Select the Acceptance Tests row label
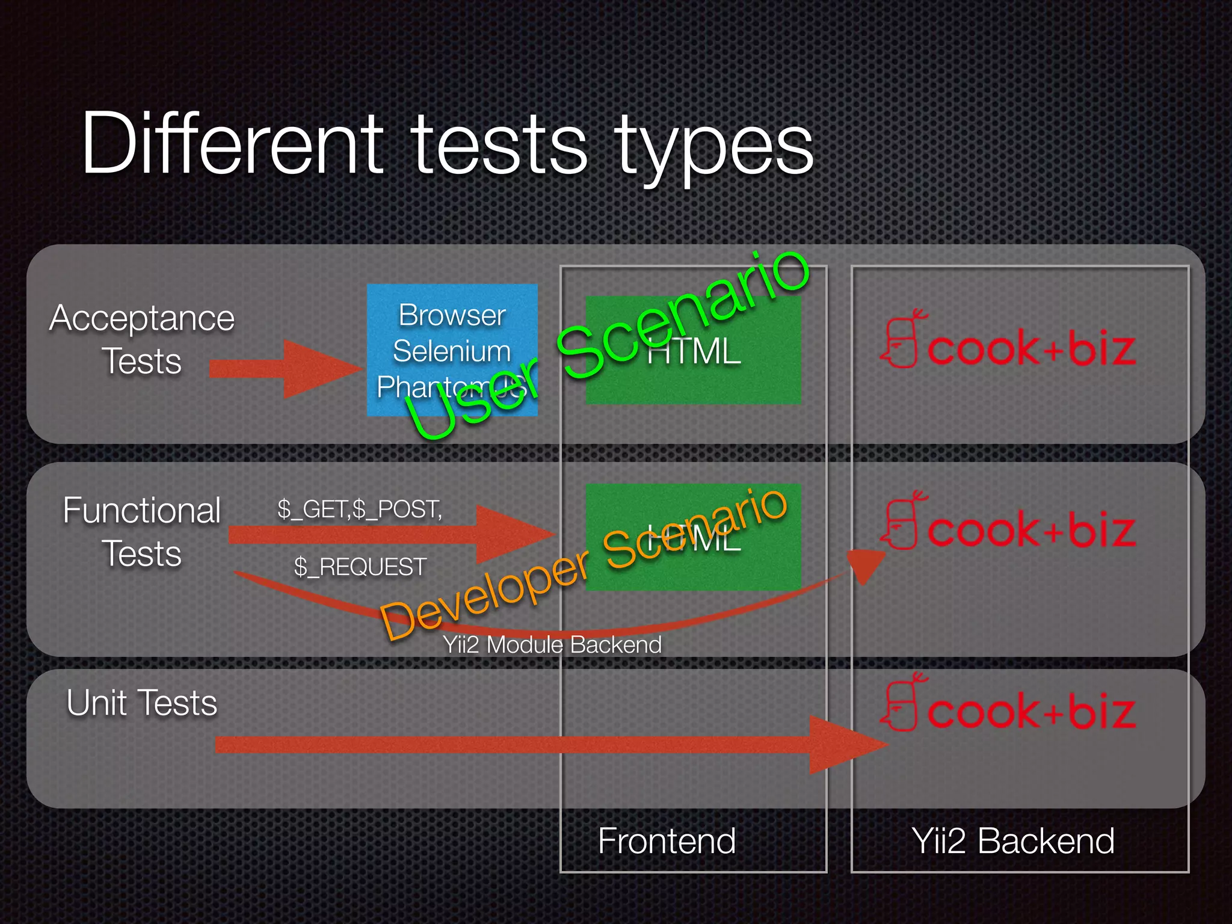point(142,339)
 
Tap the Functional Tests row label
point(142,532)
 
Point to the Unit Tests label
point(142,703)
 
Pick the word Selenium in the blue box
point(452,351)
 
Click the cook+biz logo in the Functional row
point(1008,523)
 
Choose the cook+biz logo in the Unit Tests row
point(1008,705)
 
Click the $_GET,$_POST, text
point(360,510)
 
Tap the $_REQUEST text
point(360,567)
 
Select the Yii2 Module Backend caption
point(552,645)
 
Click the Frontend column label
point(667,840)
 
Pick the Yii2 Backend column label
point(1013,840)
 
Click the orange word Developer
point(484,596)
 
